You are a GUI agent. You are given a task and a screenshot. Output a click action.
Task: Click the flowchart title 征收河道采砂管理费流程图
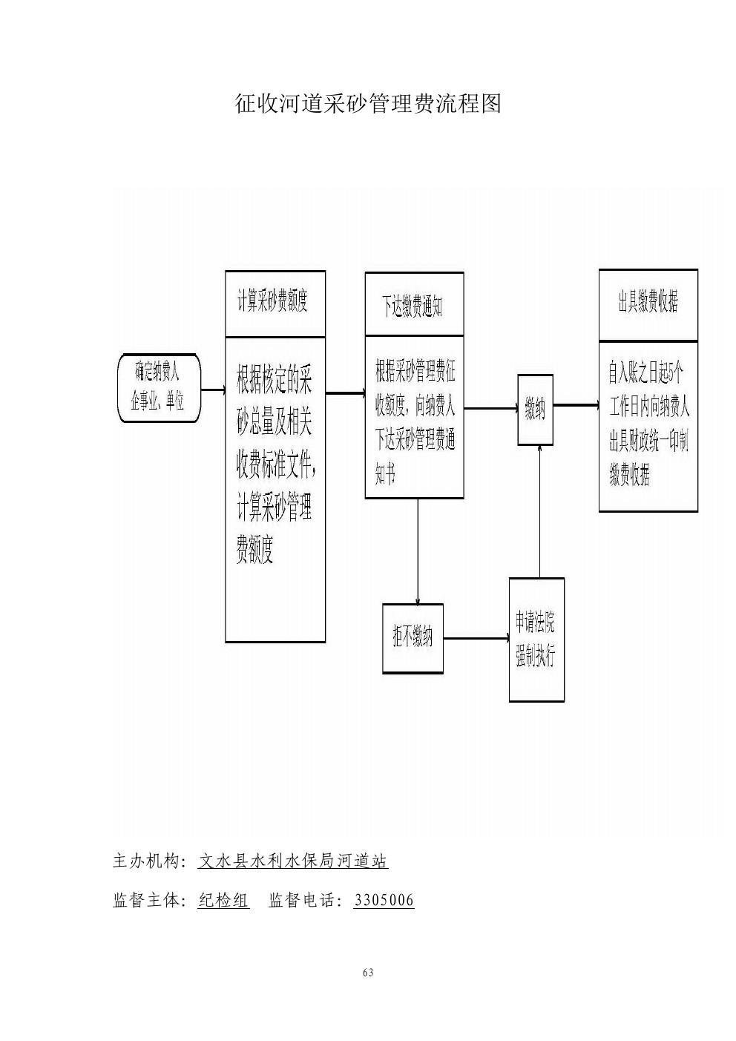pos(368,103)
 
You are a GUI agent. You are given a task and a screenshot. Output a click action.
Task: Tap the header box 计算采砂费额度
pos(275,303)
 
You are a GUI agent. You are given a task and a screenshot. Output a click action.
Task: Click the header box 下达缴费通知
pos(414,304)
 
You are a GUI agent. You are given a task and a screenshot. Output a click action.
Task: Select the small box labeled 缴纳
pos(535,409)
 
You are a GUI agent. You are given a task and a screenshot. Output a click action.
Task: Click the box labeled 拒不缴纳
pos(413,638)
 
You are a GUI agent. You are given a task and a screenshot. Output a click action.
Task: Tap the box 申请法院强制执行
pos(536,639)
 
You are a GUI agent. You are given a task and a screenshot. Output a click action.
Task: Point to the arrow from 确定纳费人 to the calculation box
pos(212,390)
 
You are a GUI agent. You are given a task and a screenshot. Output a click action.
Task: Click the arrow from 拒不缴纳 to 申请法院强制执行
pos(476,638)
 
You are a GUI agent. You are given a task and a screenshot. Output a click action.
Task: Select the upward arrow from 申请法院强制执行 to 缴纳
pos(539,512)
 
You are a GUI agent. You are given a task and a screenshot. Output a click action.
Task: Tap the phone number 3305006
pos(384,901)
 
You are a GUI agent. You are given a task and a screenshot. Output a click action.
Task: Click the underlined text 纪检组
pos(224,901)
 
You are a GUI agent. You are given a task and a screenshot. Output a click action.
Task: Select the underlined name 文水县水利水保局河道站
pos(293,861)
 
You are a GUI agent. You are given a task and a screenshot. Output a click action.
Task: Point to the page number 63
pos(368,973)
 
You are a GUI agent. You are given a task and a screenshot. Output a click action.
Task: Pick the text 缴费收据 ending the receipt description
pos(630,476)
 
